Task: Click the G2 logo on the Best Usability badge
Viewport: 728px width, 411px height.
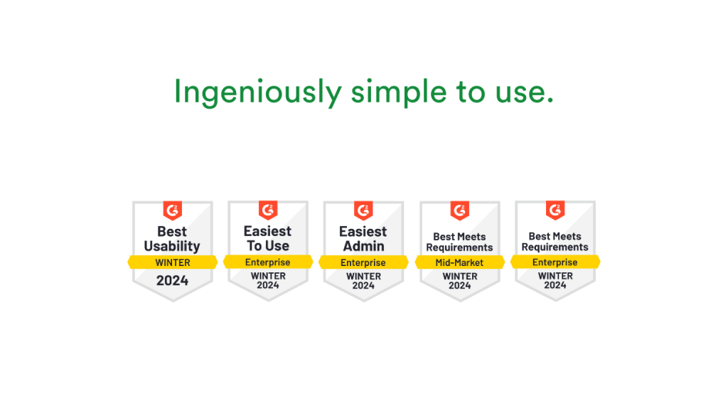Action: (173, 210)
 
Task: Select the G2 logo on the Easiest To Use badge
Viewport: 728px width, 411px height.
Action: (268, 210)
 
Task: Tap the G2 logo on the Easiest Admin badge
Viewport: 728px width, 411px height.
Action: (363, 210)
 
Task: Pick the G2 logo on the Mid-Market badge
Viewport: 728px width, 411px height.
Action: (459, 210)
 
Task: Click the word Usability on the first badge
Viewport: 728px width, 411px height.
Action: (172, 247)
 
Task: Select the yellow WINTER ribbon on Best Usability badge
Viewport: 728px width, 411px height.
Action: (173, 262)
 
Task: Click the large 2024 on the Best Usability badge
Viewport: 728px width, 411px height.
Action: (173, 280)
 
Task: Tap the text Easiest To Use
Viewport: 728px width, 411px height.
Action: (268, 239)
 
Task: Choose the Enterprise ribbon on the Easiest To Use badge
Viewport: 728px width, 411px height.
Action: (268, 262)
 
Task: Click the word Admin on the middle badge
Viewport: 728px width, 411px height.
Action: (363, 247)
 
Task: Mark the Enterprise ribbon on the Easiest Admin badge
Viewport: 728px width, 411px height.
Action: (363, 262)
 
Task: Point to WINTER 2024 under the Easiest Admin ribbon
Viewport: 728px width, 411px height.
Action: (363, 281)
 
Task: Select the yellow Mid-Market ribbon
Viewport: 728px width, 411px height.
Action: (459, 262)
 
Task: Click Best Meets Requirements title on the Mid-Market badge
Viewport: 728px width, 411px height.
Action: (459, 242)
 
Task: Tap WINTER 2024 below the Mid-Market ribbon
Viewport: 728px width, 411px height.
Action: (459, 281)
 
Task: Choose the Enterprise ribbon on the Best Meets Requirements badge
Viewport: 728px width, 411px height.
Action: (555, 262)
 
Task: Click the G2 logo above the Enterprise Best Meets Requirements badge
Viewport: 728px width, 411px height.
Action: (555, 210)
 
